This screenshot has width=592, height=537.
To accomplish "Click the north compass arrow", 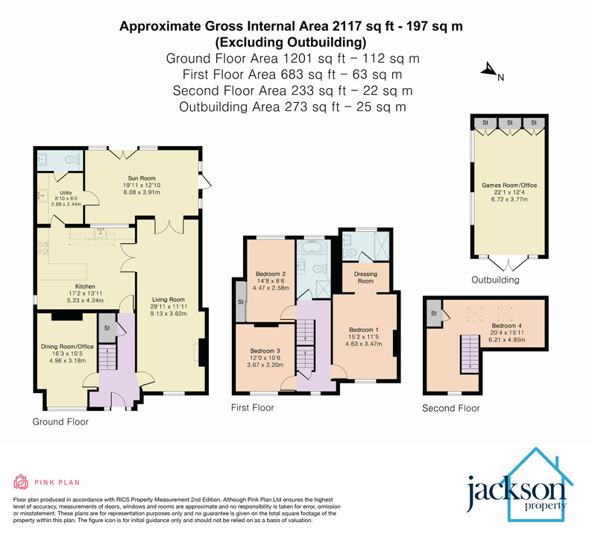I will pos(489,72).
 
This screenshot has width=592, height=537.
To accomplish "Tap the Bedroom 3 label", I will pos(265,351).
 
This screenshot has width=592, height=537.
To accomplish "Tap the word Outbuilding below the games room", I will pos(495,280).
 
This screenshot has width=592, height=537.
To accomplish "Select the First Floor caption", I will pos(252,408).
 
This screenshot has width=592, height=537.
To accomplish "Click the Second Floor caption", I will pos(450,408).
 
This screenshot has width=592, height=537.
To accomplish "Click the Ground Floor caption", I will pos(60,422).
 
